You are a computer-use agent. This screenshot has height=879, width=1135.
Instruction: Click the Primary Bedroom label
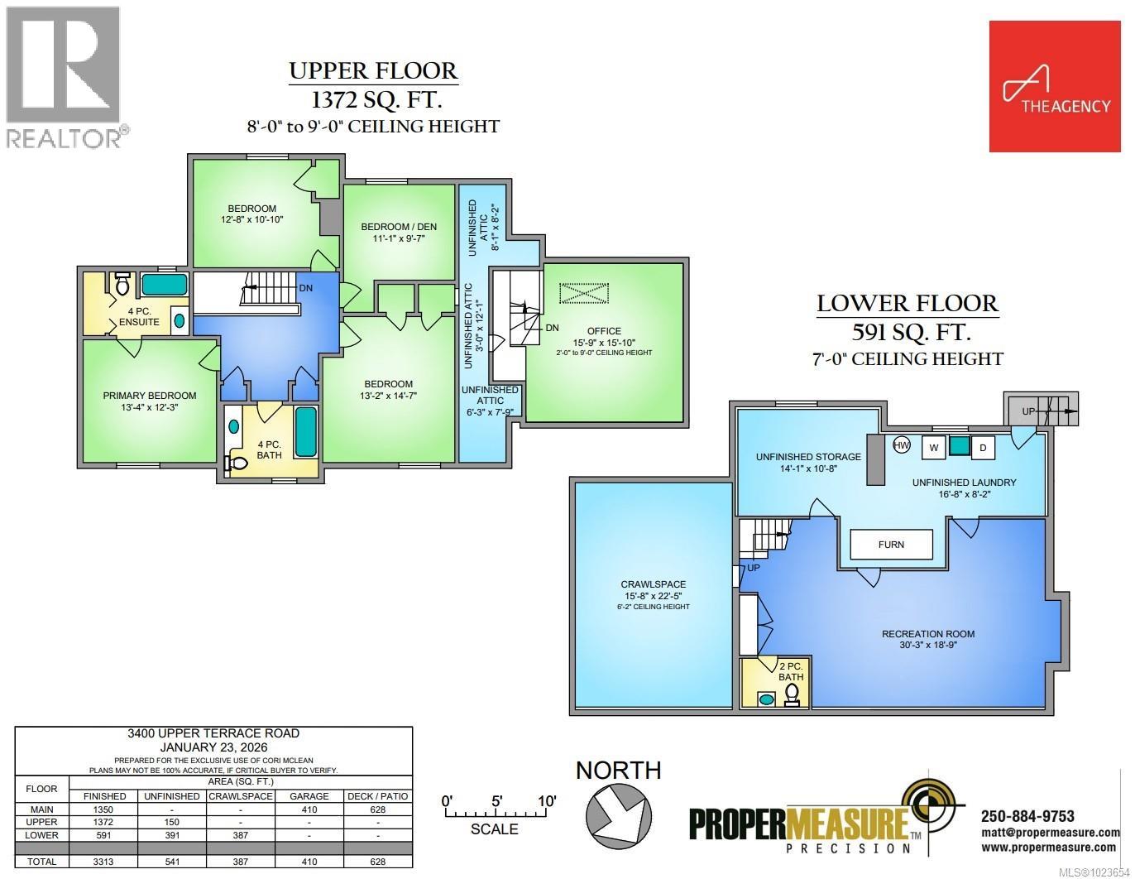click(x=150, y=396)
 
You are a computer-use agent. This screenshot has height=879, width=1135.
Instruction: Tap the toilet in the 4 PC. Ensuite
click(x=122, y=285)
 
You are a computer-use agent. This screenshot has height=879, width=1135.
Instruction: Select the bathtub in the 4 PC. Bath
click(x=305, y=431)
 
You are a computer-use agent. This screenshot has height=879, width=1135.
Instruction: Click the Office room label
click(x=604, y=331)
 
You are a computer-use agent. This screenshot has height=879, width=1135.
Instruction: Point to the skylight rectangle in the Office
click(x=583, y=294)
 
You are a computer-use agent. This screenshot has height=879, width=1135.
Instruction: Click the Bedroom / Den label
click(x=399, y=227)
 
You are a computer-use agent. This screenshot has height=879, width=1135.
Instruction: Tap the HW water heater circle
click(x=902, y=445)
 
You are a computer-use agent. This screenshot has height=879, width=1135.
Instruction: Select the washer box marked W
click(x=933, y=448)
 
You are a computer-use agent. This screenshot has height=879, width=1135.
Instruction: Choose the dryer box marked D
click(x=983, y=448)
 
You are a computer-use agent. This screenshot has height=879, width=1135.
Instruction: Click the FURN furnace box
click(x=891, y=545)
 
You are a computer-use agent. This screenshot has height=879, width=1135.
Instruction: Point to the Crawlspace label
click(x=654, y=584)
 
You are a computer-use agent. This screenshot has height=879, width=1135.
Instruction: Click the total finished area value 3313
click(x=104, y=862)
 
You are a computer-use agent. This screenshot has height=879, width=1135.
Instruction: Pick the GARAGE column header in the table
click(x=308, y=796)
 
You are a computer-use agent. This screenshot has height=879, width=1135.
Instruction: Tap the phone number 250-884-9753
click(x=1027, y=816)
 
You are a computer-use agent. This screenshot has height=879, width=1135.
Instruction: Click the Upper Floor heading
click(x=373, y=71)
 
